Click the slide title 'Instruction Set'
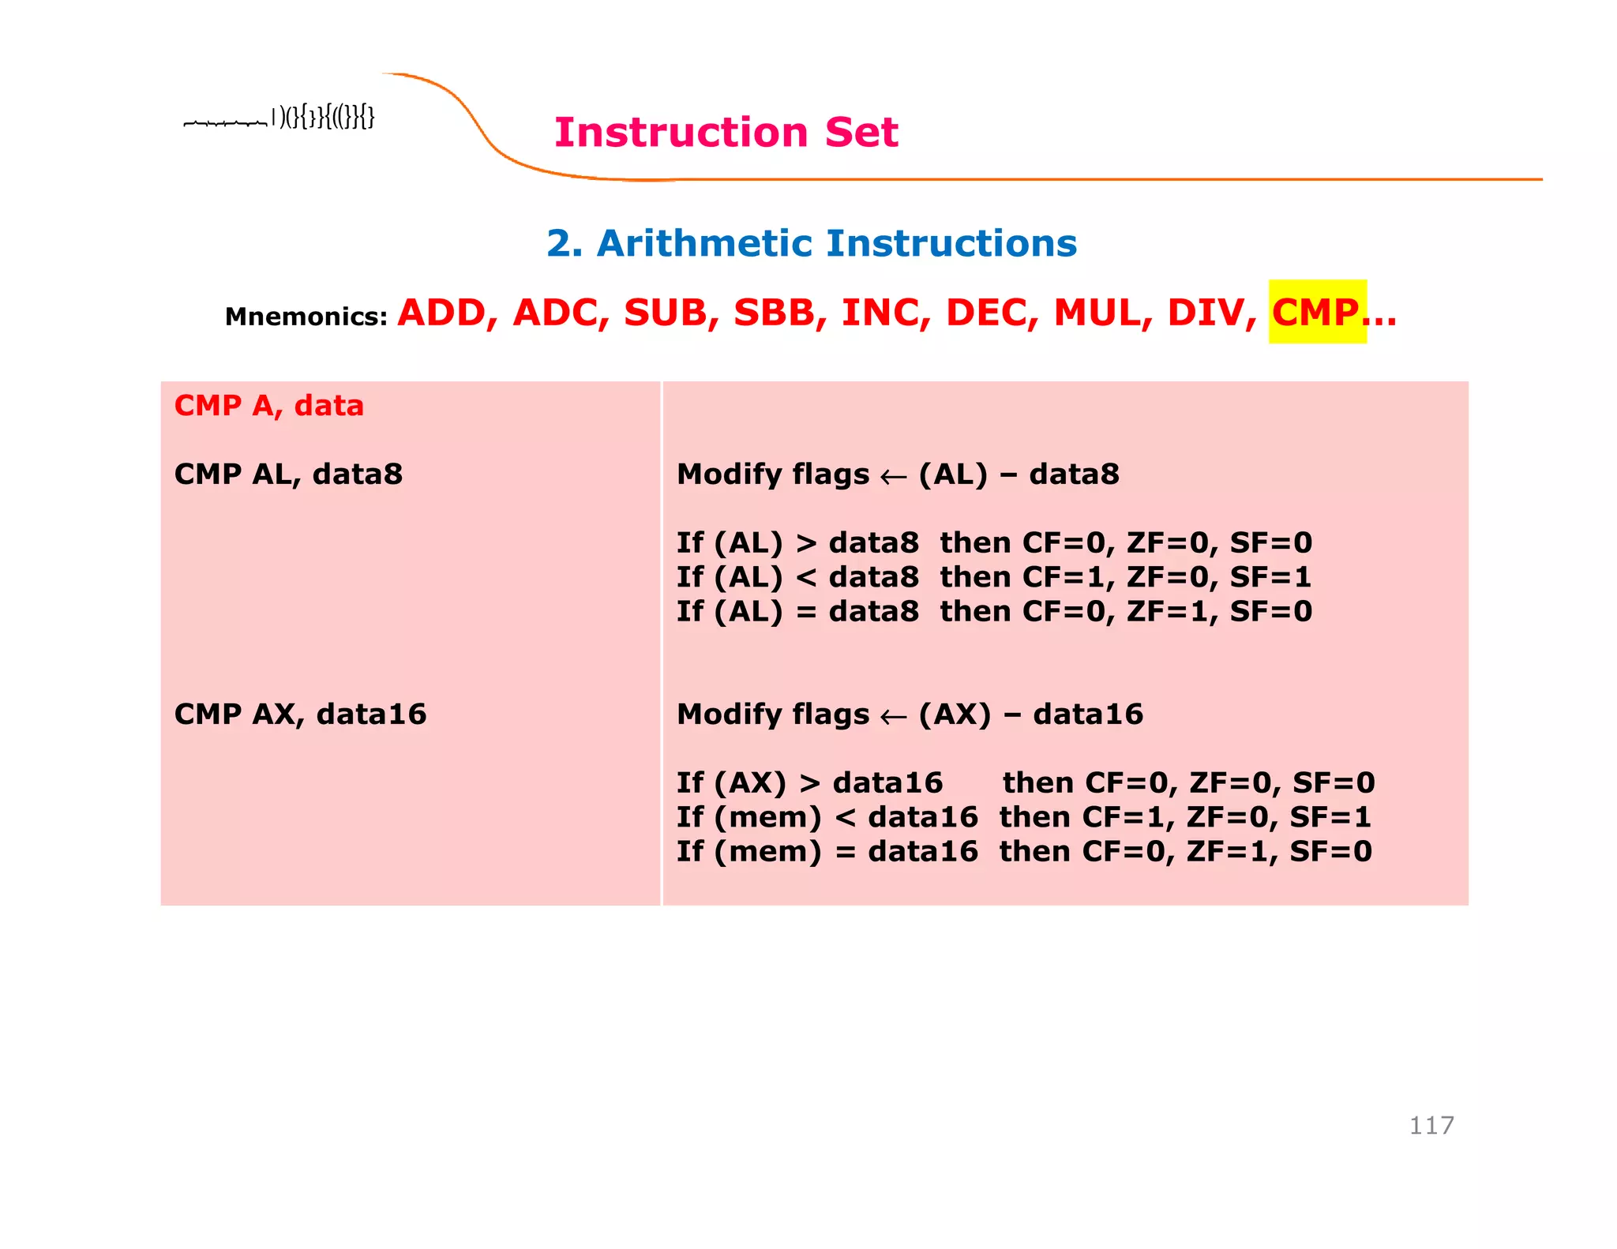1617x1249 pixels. tap(726, 132)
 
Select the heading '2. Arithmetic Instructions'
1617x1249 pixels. tap(812, 243)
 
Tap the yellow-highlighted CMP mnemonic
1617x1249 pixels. tap(1316, 312)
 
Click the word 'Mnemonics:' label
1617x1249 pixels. tap(306, 317)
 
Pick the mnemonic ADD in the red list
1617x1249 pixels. tap(447, 313)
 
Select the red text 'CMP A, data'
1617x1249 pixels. tap(268, 406)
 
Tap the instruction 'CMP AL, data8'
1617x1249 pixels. tap(288, 474)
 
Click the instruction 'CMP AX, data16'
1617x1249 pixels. tap(300, 715)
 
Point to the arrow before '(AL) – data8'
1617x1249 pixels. tap(893, 477)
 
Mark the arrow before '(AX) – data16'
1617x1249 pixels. tap(893, 717)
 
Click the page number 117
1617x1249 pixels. tap(1431, 1125)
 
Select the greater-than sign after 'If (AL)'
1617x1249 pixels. tap(806, 544)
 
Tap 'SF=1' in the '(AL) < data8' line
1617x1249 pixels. tap(1271, 578)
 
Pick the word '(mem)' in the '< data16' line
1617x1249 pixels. tap(768, 818)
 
